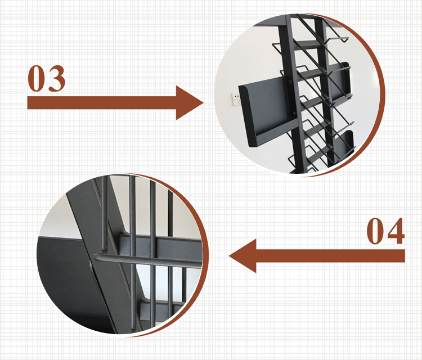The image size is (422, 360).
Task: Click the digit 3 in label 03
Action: [x=56, y=78]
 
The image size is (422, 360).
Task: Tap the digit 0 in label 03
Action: [x=37, y=78]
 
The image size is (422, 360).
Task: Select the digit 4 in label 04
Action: [x=396, y=231]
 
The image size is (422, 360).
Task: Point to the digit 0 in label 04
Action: [x=375, y=231]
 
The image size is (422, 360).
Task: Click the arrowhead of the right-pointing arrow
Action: [x=188, y=103]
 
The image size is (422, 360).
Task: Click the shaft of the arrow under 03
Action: [x=102, y=103]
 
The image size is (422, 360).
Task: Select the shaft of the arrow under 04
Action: [x=330, y=256]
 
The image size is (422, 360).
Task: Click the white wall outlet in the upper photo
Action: [x=236, y=100]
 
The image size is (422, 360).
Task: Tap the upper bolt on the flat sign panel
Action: [x=289, y=82]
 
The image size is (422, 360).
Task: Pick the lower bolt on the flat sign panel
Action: [x=294, y=114]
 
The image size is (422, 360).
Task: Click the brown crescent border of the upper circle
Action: [x=381, y=94]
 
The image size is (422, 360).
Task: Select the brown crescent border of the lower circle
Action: [x=205, y=255]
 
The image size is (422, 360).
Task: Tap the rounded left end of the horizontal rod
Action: [x=96, y=256]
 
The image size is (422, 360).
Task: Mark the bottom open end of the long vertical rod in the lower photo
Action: [x=132, y=330]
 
